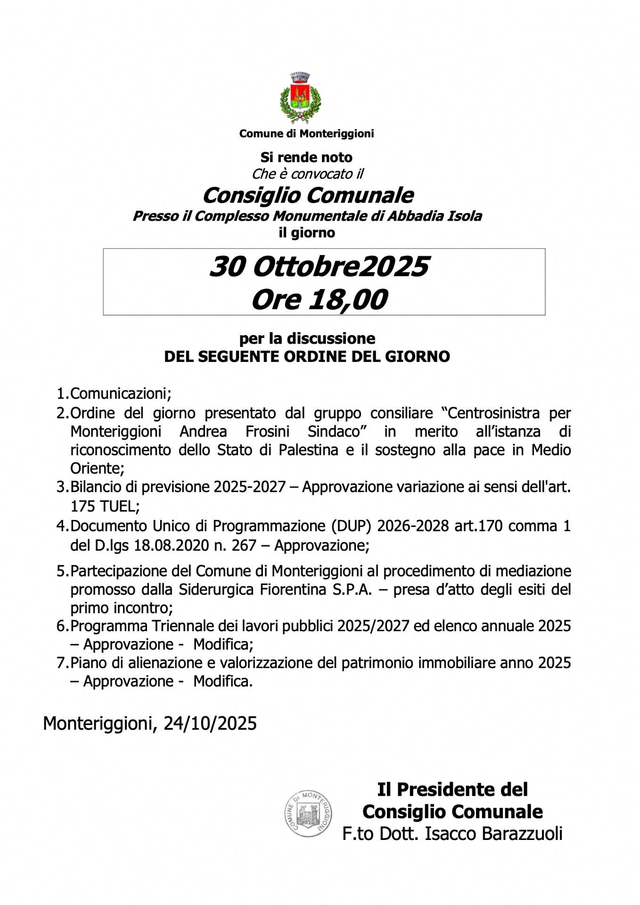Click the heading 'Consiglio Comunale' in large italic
[x=308, y=195]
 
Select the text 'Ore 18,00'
[x=320, y=299]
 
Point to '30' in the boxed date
[x=227, y=267]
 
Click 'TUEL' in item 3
[x=117, y=506]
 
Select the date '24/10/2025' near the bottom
[x=210, y=723]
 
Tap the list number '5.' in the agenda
[x=63, y=571]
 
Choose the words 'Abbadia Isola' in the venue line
[x=435, y=216]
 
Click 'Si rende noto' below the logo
[x=306, y=157]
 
